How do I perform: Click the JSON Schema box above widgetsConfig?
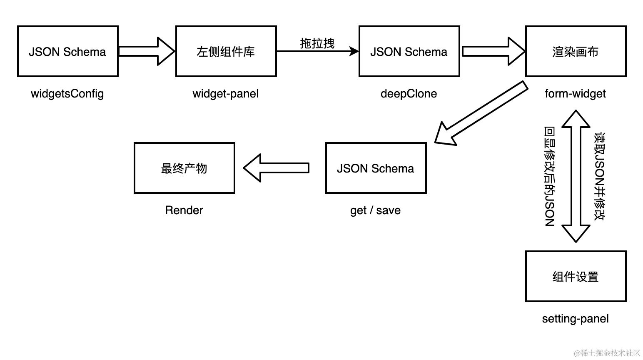67,51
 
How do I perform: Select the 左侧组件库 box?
226,51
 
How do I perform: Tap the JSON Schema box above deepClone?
409,51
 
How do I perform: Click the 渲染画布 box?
576,51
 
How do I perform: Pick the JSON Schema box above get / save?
376,168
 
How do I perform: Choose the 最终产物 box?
184,168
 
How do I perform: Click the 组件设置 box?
576,276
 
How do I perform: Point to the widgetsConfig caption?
67,93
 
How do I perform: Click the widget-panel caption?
226,93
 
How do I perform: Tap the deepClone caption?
409,93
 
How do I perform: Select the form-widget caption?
576,93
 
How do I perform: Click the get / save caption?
376,210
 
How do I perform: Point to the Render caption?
184,210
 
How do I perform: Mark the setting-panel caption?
576,319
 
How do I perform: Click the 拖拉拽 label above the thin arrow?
317,43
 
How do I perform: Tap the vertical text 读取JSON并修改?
599,176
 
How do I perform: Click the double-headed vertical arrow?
576,176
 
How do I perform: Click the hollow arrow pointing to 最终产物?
276,168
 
